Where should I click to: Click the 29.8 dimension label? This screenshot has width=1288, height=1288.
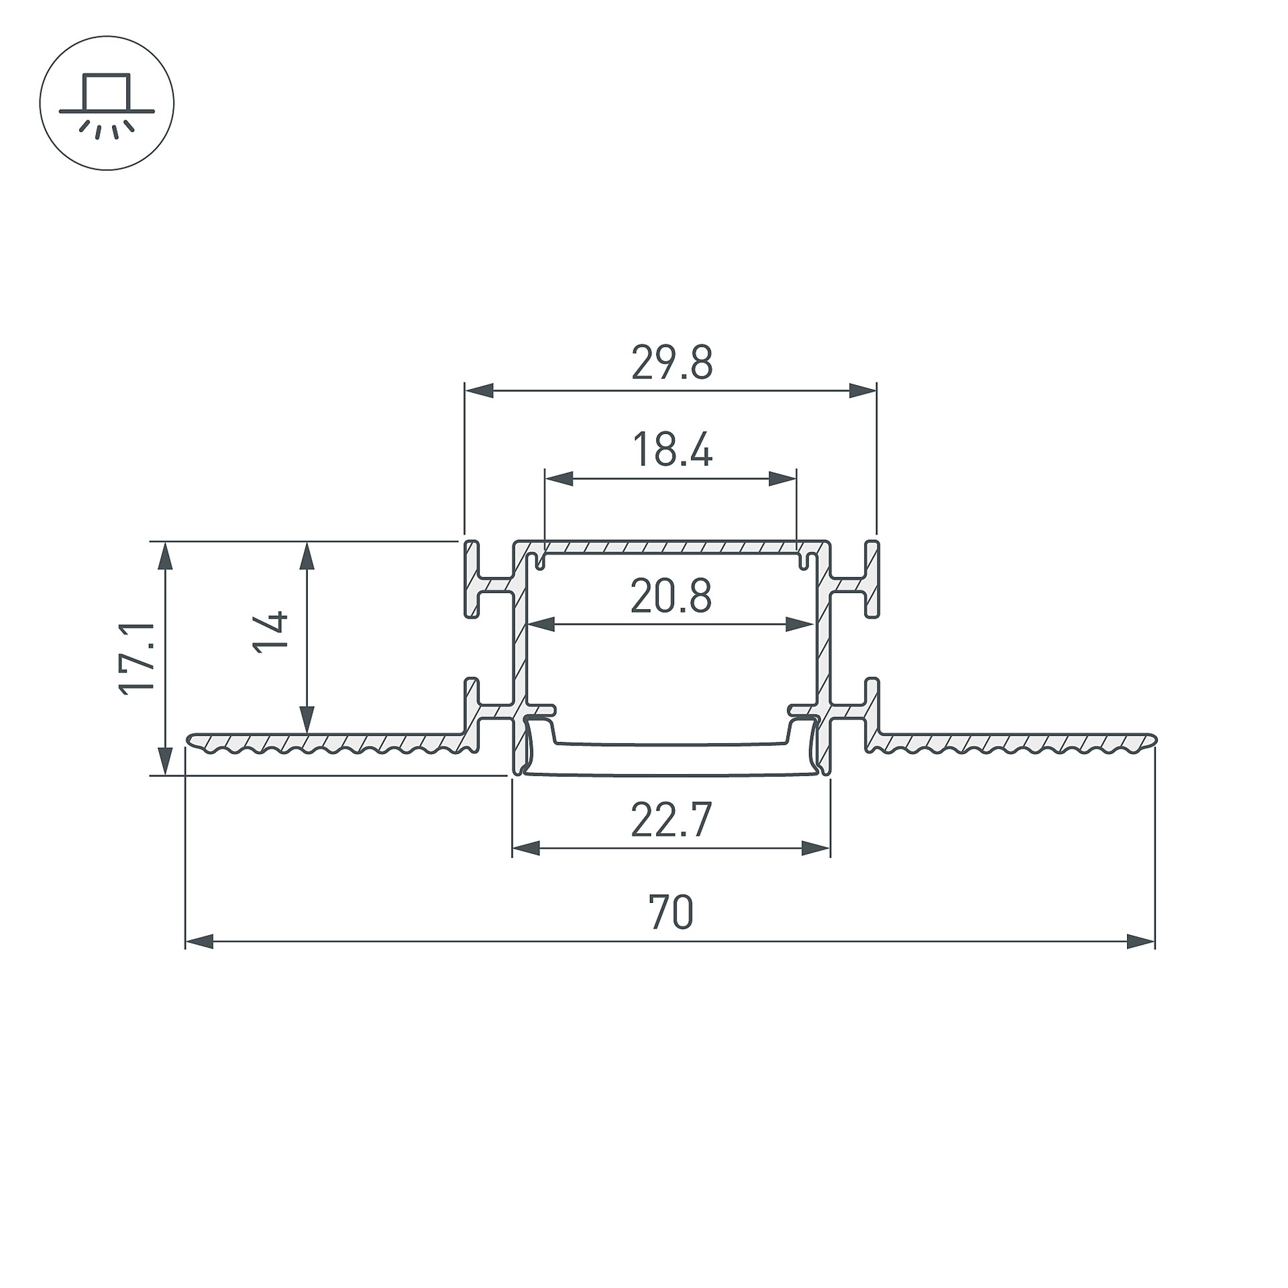click(x=672, y=363)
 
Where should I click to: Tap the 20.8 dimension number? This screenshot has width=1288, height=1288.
click(x=671, y=596)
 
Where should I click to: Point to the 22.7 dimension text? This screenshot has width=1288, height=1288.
click(x=671, y=820)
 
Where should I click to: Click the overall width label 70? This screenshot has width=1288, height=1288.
click(x=671, y=912)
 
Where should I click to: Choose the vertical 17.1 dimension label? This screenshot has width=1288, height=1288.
click(x=138, y=658)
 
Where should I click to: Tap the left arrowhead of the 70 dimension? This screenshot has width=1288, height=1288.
click(x=199, y=941)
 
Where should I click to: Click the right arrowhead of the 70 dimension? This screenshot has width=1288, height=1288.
click(x=1141, y=941)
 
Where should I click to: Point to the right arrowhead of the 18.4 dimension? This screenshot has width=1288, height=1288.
click(x=783, y=478)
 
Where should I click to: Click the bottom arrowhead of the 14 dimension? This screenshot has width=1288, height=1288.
click(x=307, y=720)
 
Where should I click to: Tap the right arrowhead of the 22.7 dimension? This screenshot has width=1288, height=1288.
click(x=816, y=849)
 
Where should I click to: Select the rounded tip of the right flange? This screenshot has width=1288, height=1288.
click(x=1154, y=739)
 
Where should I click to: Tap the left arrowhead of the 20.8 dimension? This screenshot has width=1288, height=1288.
click(x=541, y=625)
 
